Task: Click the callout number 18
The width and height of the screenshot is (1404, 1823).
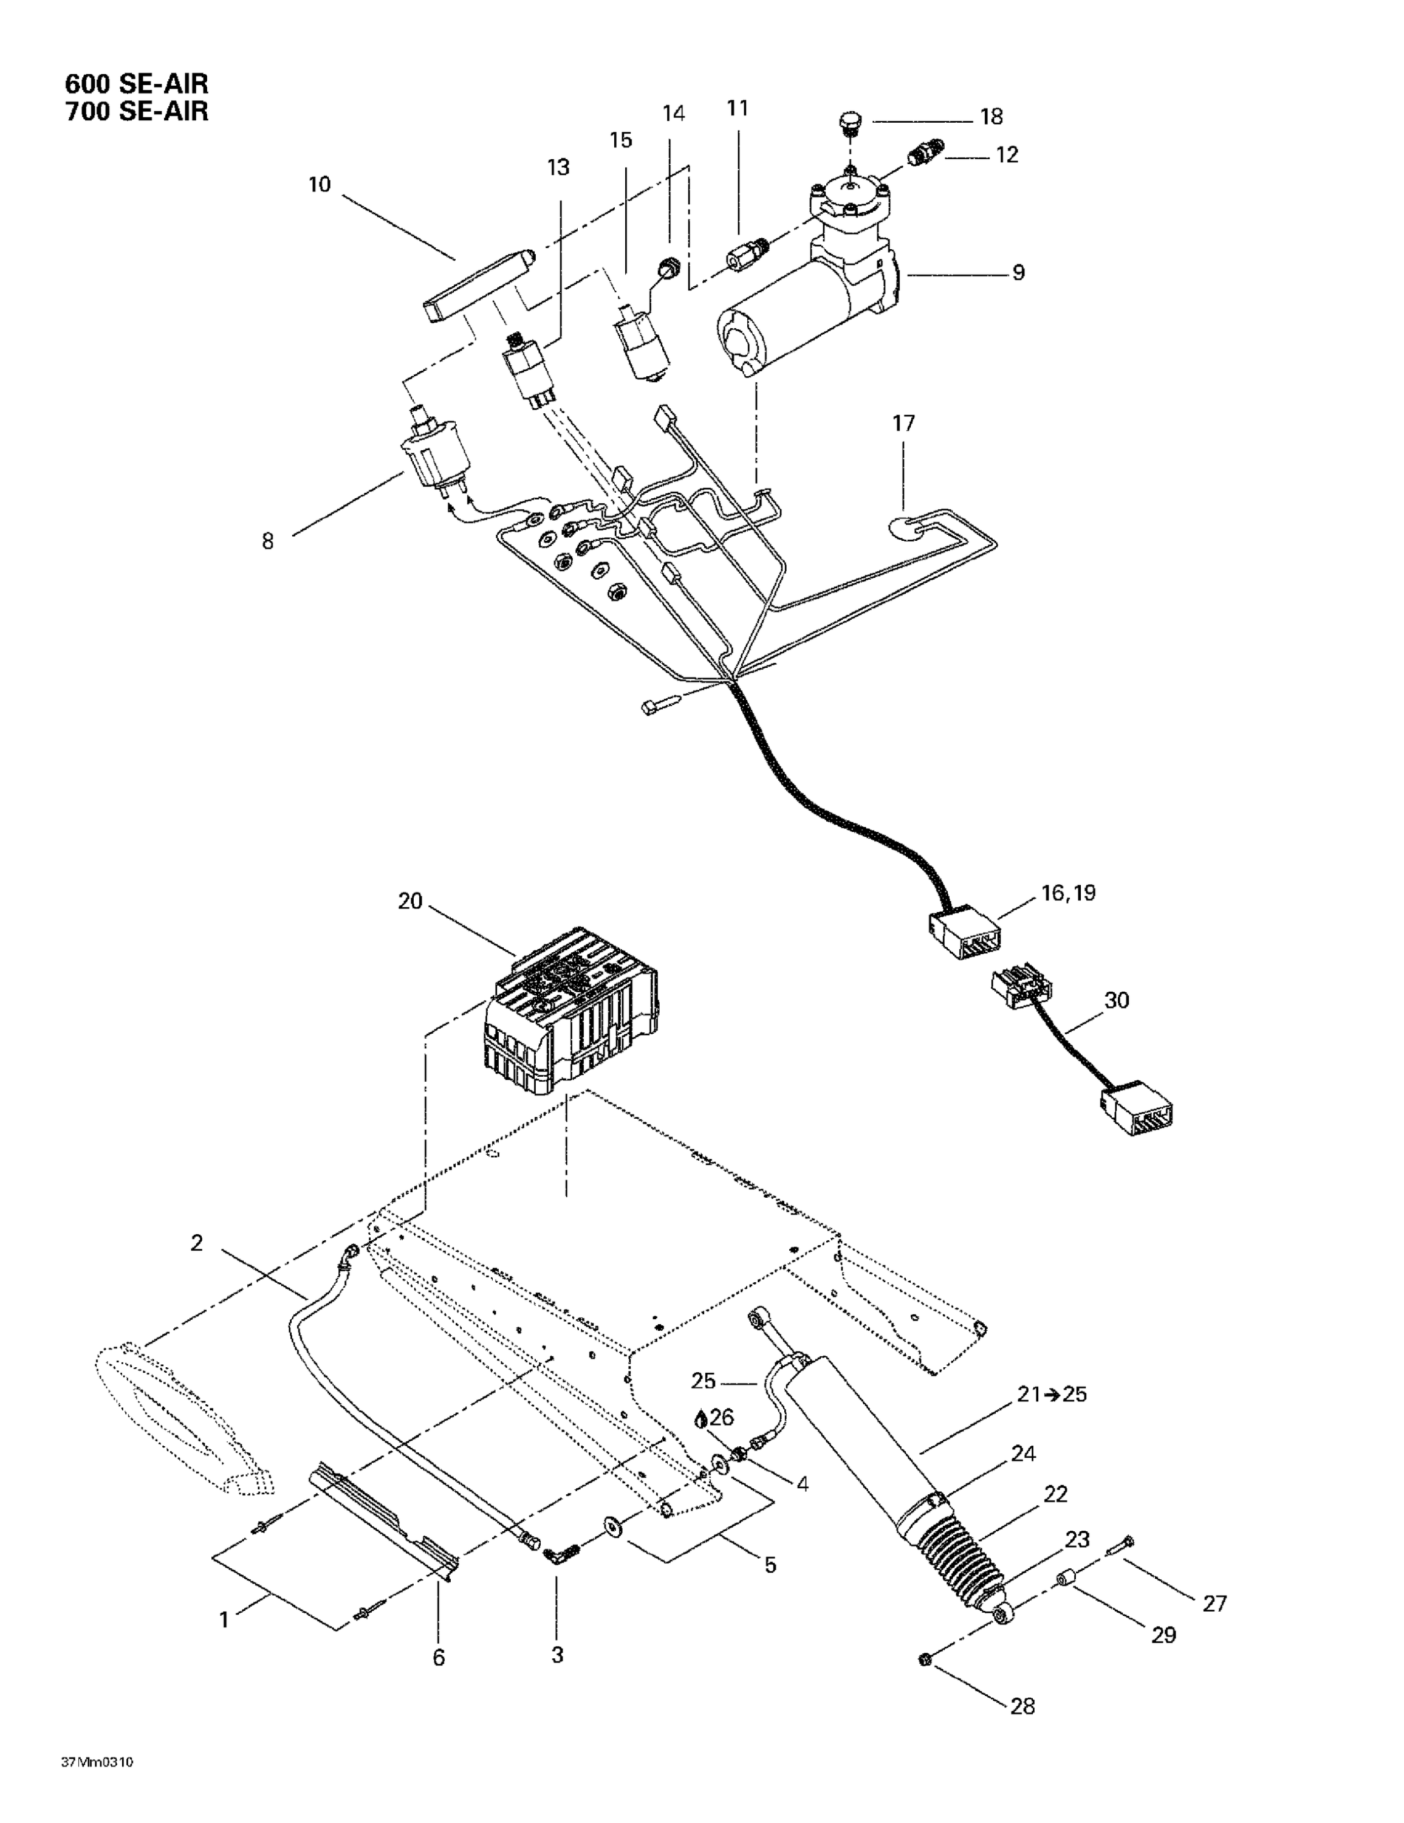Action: [991, 117]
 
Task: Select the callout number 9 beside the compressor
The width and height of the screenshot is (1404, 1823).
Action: [1018, 273]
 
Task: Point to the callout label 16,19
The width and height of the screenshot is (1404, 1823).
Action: [1069, 893]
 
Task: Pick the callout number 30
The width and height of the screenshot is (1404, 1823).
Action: [1117, 1000]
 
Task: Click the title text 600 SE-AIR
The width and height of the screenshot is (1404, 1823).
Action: [137, 83]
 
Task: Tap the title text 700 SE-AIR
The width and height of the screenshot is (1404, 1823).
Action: [137, 111]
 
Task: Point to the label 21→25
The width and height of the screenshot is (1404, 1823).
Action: [1052, 1395]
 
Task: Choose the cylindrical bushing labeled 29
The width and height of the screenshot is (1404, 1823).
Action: [1064, 1580]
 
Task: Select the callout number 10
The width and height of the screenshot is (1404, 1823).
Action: [320, 185]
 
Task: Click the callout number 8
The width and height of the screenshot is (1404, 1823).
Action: [267, 541]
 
